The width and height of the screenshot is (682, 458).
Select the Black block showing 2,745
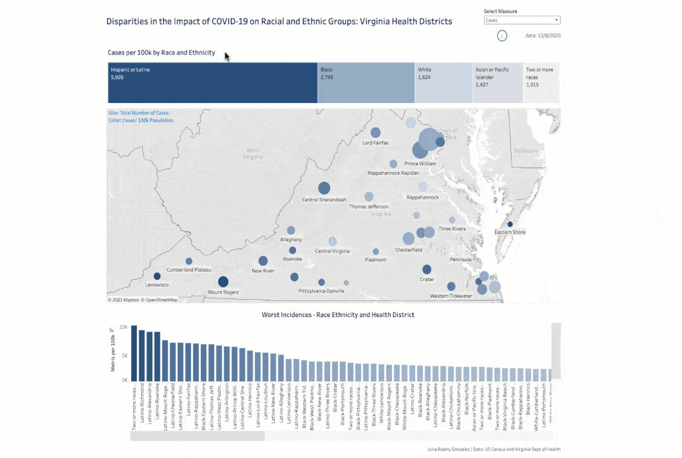(x=366, y=83)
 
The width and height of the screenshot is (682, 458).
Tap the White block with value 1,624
(x=444, y=83)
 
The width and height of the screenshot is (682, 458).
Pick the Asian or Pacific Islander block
(x=498, y=83)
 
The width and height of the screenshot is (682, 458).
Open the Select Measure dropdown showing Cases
(x=522, y=21)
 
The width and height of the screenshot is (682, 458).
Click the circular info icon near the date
(x=502, y=36)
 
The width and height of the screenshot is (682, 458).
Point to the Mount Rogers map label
(x=224, y=292)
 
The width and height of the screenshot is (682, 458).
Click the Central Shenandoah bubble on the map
(x=324, y=188)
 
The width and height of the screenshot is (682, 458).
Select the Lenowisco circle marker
(x=157, y=276)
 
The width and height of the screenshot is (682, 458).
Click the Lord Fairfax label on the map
(x=375, y=143)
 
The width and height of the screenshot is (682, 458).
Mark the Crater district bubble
(x=426, y=269)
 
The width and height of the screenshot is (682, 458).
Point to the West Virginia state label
(x=253, y=154)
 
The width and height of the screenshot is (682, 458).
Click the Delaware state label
(x=525, y=151)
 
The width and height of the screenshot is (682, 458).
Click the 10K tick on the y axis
(x=124, y=327)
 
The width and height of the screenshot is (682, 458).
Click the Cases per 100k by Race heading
(x=161, y=52)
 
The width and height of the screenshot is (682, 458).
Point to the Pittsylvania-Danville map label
(x=321, y=291)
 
